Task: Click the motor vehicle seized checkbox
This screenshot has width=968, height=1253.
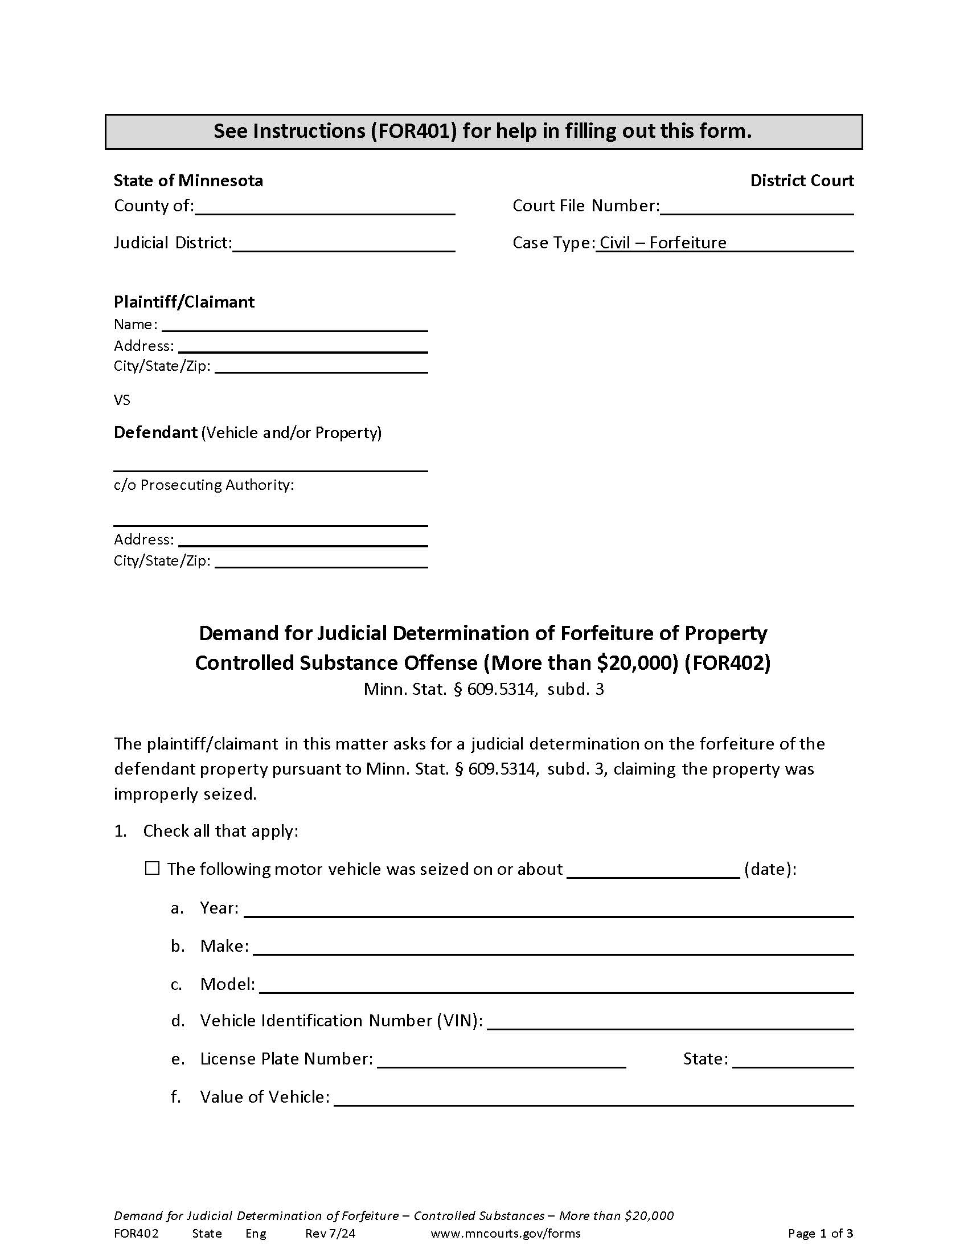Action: [152, 868]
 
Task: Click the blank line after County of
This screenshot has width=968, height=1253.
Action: [325, 207]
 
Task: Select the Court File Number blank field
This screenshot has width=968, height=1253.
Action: [756, 207]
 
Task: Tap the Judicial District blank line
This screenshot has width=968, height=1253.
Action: [343, 244]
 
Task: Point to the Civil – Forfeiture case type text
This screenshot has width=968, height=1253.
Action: [663, 243]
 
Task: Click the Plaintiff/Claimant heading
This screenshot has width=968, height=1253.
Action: [184, 302]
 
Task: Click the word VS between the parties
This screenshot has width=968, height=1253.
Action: [122, 400]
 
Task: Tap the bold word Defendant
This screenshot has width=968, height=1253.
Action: [155, 432]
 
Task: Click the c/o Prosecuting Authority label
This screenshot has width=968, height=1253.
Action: [204, 485]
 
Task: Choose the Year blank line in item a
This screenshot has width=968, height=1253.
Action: [548, 910]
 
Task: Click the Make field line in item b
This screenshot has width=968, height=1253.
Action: [553, 947]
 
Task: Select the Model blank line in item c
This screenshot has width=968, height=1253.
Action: [556, 985]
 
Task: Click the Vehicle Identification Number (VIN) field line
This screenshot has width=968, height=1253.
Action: [670, 1022]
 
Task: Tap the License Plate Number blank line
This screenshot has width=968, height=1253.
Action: [501, 1060]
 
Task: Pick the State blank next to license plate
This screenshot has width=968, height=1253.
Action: [793, 1060]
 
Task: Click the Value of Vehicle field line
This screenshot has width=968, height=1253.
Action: [593, 1098]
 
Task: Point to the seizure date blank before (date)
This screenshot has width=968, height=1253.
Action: [653, 870]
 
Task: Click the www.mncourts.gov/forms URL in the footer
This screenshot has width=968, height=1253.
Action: [505, 1233]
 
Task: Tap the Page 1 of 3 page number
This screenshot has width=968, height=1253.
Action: [820, 1233]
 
